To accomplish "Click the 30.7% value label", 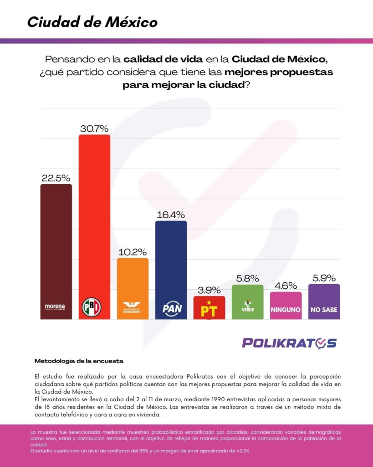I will [94, 129].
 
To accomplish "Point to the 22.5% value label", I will [56, 178].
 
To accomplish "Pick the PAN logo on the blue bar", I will [171, 308].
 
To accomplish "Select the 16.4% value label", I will [171, 214].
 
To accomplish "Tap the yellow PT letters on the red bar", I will [209, 310].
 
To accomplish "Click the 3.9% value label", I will [209, 290].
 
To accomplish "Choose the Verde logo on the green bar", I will [247, 307].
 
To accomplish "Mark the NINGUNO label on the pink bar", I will [286, 310].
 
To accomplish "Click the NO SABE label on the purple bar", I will [324, 310].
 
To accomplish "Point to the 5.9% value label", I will [324, 278].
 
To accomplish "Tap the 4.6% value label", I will [286, 286].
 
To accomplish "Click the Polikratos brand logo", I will [289, 343].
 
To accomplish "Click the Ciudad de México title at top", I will [92, 22].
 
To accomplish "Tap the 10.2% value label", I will [133, 252].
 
